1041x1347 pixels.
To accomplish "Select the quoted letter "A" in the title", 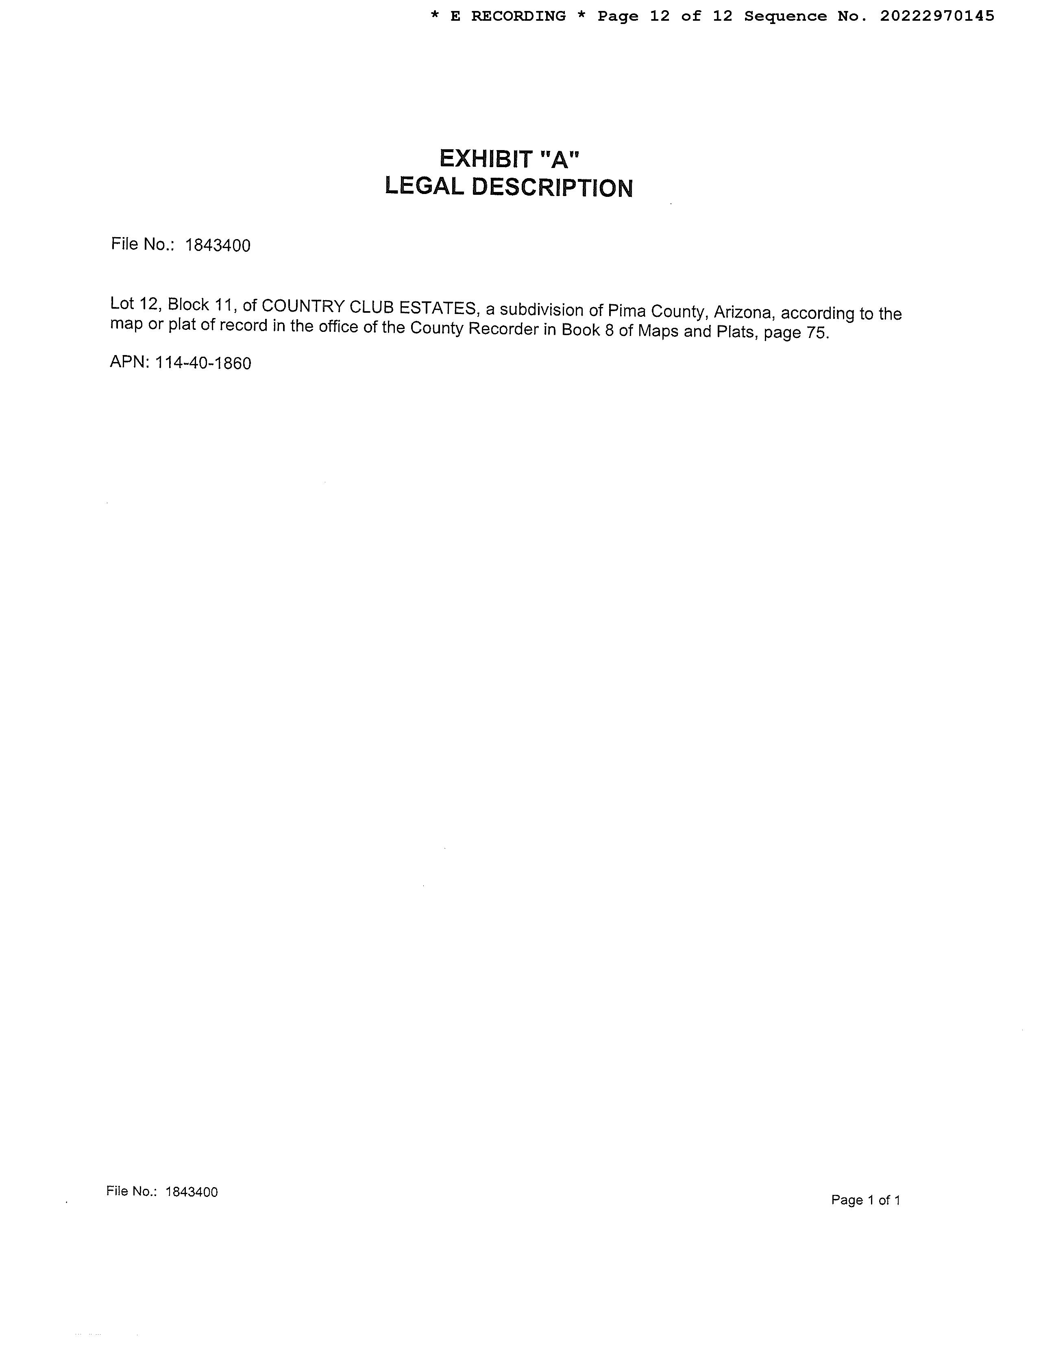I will [x=560, y=159].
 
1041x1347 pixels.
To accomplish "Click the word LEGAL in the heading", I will [x=424, y=187].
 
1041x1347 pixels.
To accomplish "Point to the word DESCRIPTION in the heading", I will [x=553, y=188].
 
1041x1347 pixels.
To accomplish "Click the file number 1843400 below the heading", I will [x=218, y=246].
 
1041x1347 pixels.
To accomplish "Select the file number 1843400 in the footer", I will [x=192, y=1192].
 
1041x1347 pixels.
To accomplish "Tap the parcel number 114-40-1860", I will [x=203, y=363].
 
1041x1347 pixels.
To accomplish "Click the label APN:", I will [x=130, y=362].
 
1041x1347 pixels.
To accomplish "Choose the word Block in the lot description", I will [x=188, y=305].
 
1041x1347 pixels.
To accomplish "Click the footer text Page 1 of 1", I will [x=866, y=1200].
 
